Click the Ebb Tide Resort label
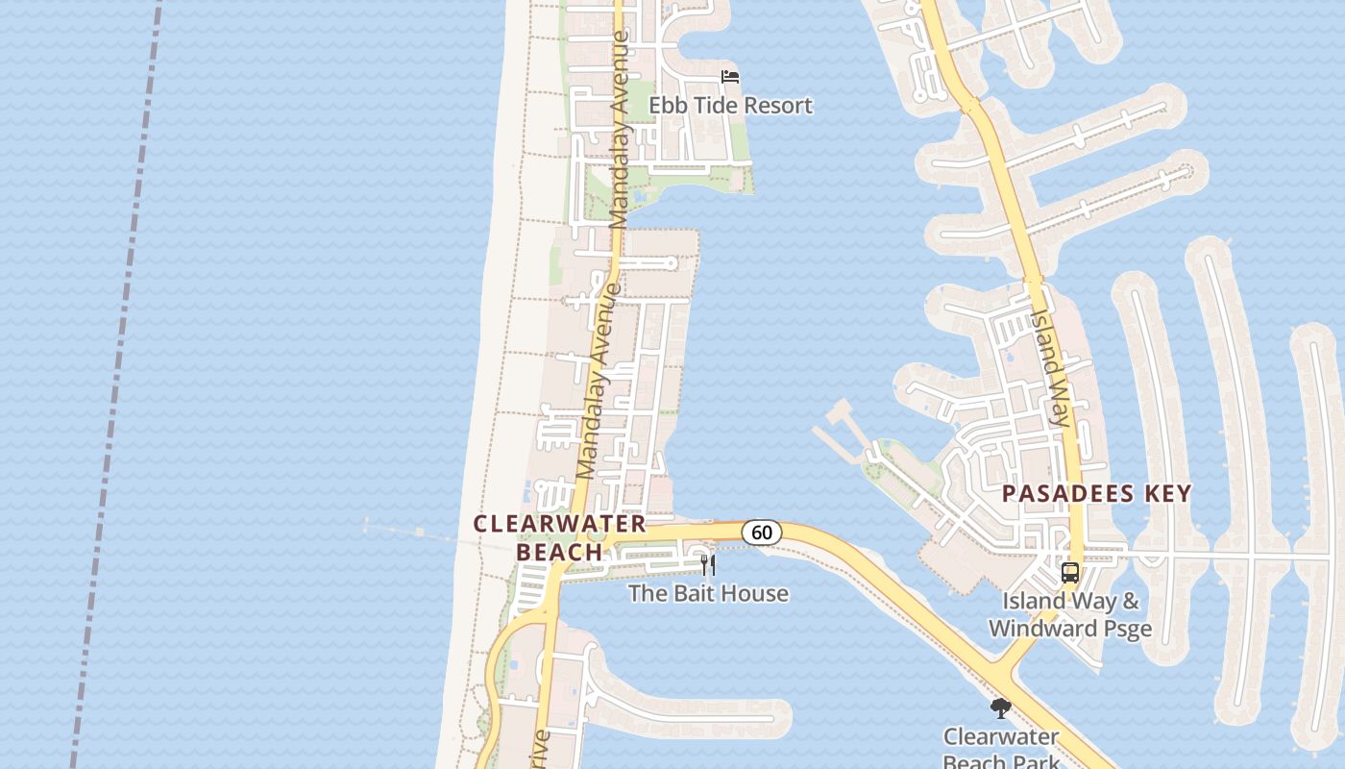(730, 105)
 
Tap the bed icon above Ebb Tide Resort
(730, 76)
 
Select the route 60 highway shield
(761, 532)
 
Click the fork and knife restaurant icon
(708, 564)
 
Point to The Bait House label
(708, 593)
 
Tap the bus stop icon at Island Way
(1069, 573)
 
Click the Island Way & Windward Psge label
(1070, 615)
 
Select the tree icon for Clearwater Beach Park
(1000, 709)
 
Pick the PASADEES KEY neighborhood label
(1096, 493)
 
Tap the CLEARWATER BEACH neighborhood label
(560, 537)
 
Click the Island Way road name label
(1050, 368)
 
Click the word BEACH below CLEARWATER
(559, 552)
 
